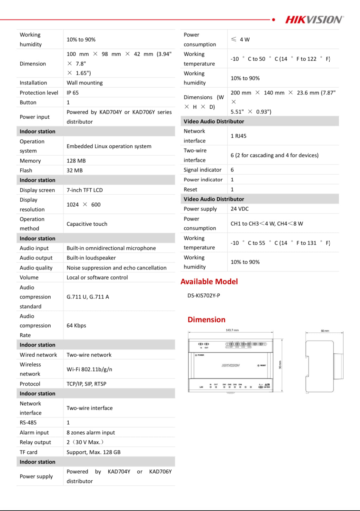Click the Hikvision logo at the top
(x=314, y=20)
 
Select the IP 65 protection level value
(x=73, y=93)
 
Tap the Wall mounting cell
(x=85, y=83)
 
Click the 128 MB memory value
(x=76, y=161)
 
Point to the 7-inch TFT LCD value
(x=85, y=190)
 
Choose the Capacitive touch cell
(x=87, y=224)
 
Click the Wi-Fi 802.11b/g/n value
(x=89, y=369)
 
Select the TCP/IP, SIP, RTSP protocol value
(x=86, y=384)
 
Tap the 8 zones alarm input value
(x=91, y=433)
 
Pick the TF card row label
(x=28, y=452)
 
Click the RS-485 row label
(x=28, y=423)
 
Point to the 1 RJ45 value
(x=238, y=136)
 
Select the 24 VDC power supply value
(x=240, y=209)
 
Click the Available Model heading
(x=209, y=282)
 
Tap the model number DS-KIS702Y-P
(x=204, y=296)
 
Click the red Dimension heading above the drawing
(x=206, y=320)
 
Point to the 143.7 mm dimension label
(x=232, y=330)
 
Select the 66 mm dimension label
(x=325, y=331)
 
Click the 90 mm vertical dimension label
(x=280, y=365)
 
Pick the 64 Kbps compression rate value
(x=76, y=326)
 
